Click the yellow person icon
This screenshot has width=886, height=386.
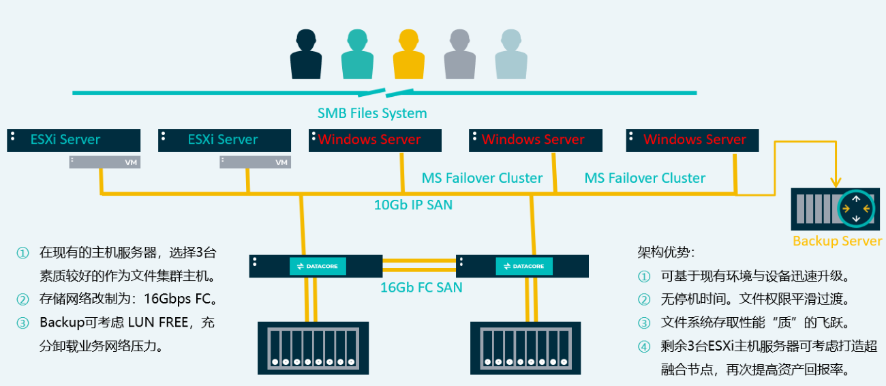click(x=408, y=55)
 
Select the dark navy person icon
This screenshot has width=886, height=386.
click(x=305, y=55)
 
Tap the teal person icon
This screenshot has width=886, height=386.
click(x=357, y=55)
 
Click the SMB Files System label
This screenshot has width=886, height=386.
click(x=372, y=113)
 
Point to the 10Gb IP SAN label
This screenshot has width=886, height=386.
click(x=413, y=205)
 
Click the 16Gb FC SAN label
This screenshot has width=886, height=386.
click(x=421, y=287)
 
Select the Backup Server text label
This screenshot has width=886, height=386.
click(x=837, y=241)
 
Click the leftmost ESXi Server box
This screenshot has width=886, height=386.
click(x=74, y=140)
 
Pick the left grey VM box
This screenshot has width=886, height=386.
click(x=104, y=162)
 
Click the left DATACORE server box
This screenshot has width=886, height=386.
click(x=316, y=266)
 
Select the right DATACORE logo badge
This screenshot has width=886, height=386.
click(x=523, y=266)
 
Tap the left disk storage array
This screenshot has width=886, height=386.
click(x=313, y=348)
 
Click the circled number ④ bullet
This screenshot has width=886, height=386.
click(x=644, y=346)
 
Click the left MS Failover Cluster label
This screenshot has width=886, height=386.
click(x=482, y=178)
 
